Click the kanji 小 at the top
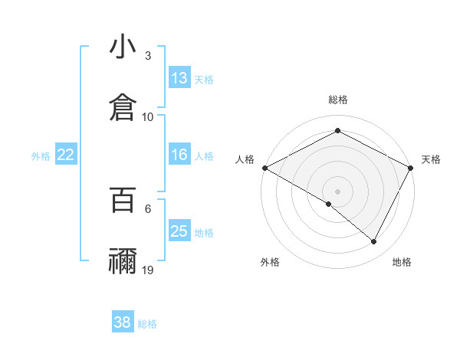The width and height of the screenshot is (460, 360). pos(123,47)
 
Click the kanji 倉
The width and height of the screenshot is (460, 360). pos(123,106)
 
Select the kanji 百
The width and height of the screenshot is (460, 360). pos(123,201)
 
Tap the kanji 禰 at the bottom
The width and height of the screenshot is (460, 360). pos(123,260)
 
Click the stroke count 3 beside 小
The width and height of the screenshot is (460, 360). pos(148,56)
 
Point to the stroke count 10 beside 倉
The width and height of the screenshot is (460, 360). pos(148,116)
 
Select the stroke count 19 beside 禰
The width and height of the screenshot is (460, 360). pos(148,270)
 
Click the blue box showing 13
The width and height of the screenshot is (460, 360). pos(179,78)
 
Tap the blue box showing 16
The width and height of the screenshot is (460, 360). pos(179,155)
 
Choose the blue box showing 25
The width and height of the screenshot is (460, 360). pos(179,231)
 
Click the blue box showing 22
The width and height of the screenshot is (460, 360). pos(66,155)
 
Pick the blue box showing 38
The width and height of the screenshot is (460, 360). pos(123,322)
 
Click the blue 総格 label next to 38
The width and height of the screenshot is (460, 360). pos(148,324)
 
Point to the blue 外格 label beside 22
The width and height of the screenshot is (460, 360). pos(41,156)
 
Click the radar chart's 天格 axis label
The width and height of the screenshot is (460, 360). pos(431,159)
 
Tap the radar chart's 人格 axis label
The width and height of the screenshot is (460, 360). pos(245,159)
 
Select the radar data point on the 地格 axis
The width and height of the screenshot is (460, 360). pos(374,242)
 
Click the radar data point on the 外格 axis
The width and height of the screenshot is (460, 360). pos(329,204)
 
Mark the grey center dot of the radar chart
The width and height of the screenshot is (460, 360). pos(337,191)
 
